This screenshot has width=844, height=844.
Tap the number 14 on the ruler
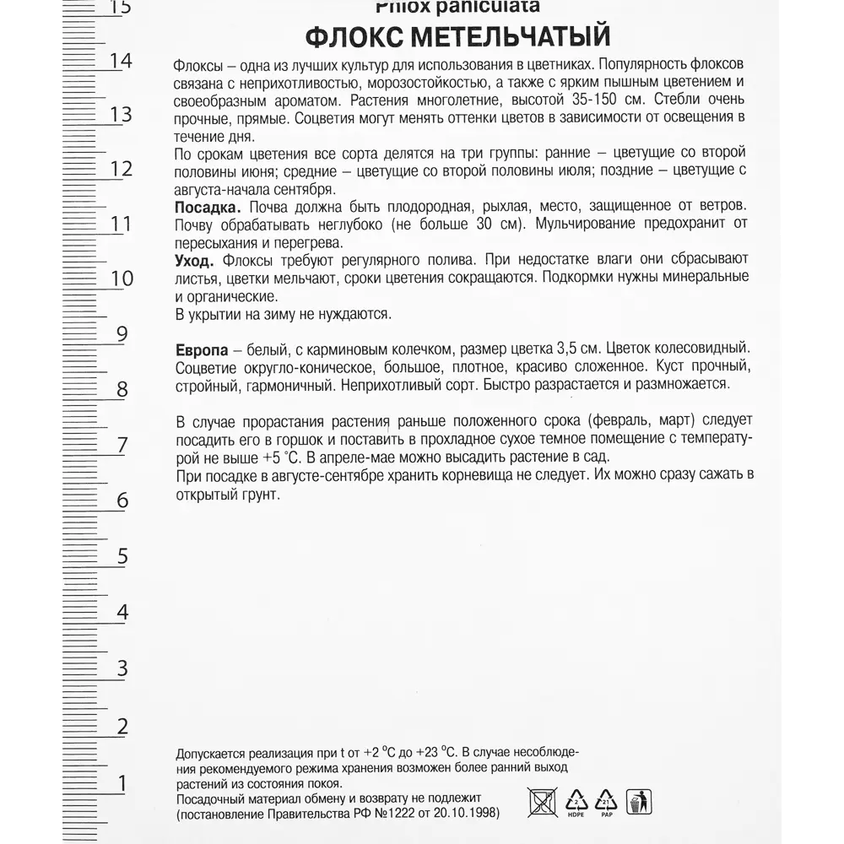(x=121, y=61)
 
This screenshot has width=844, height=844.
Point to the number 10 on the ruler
(x=122, y=279)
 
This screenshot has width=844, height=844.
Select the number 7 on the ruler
(x=122, y=445)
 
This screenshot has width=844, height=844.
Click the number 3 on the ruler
(x=122, y=669)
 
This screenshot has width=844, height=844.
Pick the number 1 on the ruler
(x=122, y=784)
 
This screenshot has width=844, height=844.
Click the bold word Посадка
(x=208, y=208)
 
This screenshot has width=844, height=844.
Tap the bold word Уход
(x=194, y=259)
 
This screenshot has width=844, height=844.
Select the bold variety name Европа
(x=200, y=349)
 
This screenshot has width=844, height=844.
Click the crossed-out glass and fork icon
(x=542, y=801)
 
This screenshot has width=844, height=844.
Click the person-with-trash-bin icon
(x=639, y=801)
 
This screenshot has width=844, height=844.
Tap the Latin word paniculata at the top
(x=494, y=7)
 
